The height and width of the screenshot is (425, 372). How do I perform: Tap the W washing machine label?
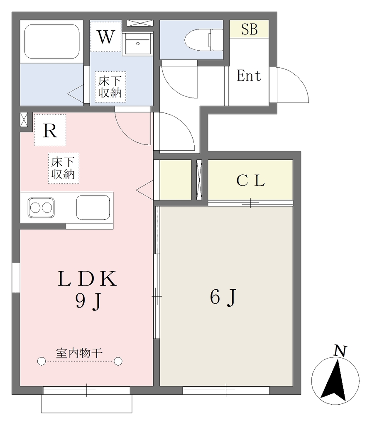click(106, 37)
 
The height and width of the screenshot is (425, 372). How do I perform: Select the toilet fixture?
click(204, 40)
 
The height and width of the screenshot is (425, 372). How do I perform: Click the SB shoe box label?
click(249, 29)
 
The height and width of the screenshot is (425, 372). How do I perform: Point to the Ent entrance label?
click(249, 76)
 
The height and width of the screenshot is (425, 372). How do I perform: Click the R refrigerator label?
click(50, 131)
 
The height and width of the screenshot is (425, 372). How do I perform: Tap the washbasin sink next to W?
click(138, 44)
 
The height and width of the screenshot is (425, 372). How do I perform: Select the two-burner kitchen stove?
click(41, 208)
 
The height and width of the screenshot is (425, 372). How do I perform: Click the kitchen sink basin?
click(93, 208)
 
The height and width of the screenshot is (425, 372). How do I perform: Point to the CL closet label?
click(250, 181)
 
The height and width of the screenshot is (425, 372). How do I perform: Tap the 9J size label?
click(88, 301)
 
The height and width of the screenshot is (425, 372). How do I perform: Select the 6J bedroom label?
click(223, 297)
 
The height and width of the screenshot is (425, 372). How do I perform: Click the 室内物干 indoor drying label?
click(79, 353)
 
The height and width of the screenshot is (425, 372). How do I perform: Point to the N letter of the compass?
click(340, 351)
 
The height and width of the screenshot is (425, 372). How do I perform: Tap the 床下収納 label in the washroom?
click(110, 87)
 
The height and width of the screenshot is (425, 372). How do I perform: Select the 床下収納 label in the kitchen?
click(63, 168)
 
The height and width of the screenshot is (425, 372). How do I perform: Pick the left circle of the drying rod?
click(42, 361)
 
